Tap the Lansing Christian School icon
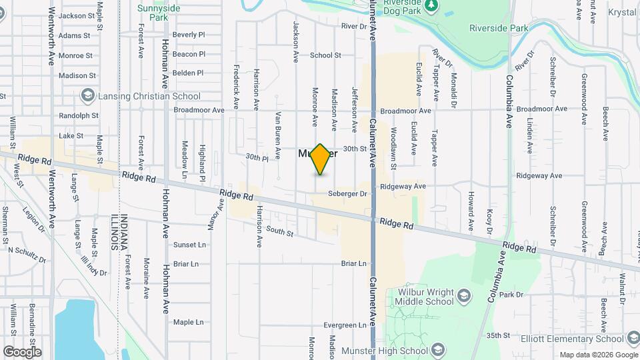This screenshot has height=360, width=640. click(x=87, y=96)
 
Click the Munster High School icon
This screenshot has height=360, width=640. click(x=437, y=351)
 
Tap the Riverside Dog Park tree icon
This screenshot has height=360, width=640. click(x=431, y=6)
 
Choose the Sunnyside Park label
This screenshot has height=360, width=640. click(x=159, y=13)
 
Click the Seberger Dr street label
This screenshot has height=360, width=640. click(x=348, y=194)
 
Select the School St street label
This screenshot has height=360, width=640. click(x=325, y=55)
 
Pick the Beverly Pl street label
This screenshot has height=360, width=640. click(x=188, y=35)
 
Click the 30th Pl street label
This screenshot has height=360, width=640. click(x=257, y=158)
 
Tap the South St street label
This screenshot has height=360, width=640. click(x=279, y=232)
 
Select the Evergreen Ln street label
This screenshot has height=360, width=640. click(x=345, y=325)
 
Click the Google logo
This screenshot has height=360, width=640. click(x=22, y=352)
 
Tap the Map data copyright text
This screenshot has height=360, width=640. click(x=597, y=355)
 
